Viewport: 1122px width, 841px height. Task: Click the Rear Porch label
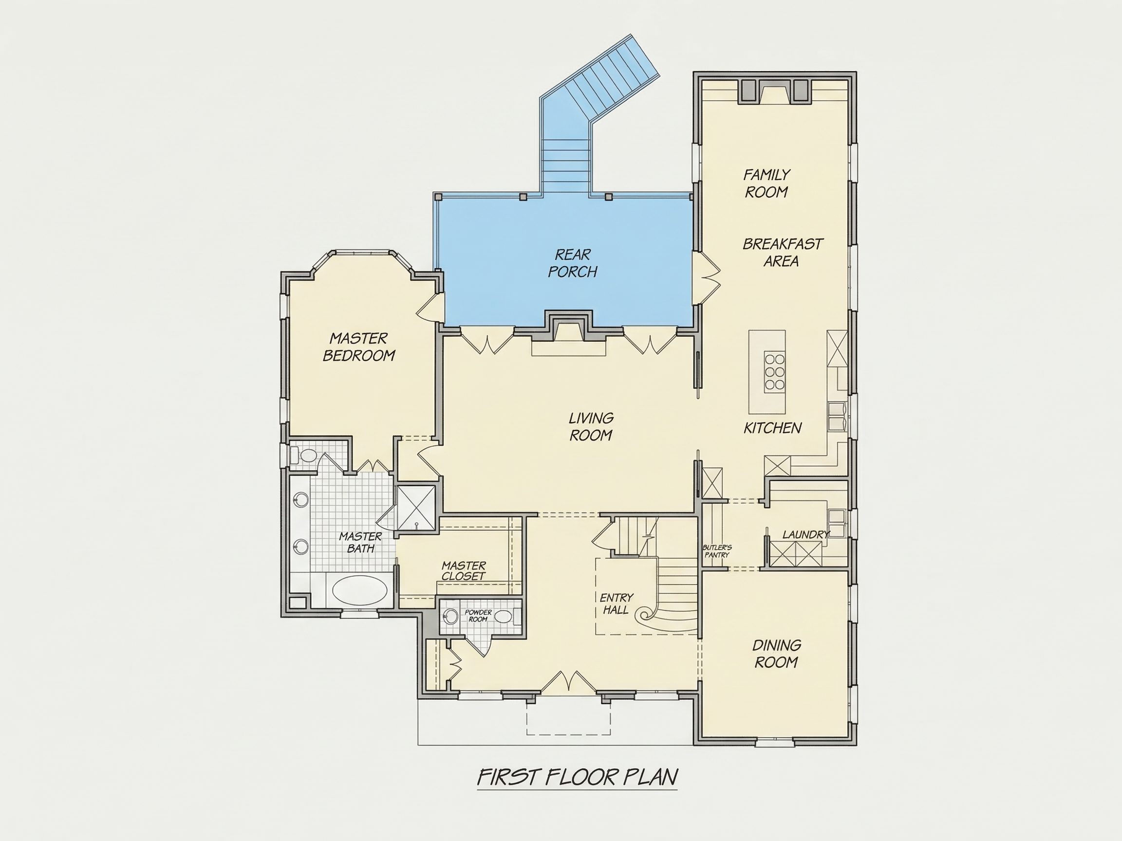point(573,263)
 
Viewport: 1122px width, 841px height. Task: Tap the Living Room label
point(591,426)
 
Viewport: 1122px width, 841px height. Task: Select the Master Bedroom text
point(359,347)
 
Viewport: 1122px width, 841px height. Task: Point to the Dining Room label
point(777,654)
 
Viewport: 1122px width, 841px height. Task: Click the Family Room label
point(767,183)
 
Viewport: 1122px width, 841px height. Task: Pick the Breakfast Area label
point(782,253)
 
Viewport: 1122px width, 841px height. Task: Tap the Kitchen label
point(772,428)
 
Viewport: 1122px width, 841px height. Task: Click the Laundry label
point(805,534)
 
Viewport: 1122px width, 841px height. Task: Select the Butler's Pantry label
point(717,551)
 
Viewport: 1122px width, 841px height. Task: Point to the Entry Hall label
point(617,604)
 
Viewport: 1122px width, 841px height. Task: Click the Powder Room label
point(478,616)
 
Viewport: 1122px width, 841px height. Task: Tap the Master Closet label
point(464,570)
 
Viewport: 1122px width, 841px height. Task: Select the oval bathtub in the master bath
point(359,590)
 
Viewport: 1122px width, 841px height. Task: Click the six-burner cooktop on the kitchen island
point(775,371)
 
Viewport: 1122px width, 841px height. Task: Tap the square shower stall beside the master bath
point(416,508)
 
